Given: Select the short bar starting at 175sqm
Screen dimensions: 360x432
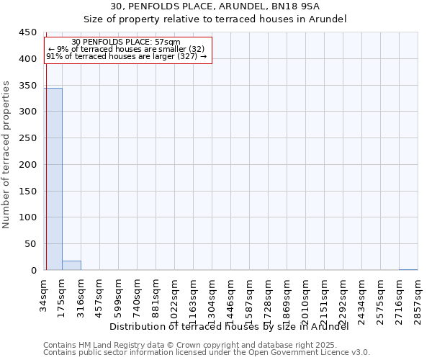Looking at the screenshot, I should (71, 265).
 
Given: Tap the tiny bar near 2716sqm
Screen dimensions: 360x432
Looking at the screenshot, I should (408, 269).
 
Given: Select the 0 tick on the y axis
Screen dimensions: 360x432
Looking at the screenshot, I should (32, 271).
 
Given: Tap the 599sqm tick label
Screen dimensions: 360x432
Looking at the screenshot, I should (119, 293).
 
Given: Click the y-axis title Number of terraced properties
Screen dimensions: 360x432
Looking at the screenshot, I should (7, 155).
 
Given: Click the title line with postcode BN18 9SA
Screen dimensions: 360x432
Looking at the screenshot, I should (215, 6).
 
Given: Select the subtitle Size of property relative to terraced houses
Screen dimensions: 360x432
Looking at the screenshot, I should (215, 19).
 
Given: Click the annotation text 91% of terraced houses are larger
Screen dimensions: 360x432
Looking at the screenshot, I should (127, 57).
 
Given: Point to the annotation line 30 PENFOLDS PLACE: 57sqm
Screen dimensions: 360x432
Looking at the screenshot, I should (127, 42).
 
